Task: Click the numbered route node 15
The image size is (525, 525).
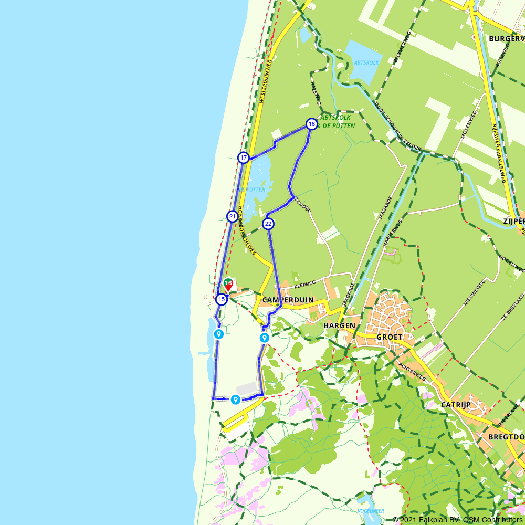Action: coord(222,299)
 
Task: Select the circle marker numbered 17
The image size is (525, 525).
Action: coord(244,157)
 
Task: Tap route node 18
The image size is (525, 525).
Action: coord(312,124)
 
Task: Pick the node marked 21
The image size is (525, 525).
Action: coord(232,216)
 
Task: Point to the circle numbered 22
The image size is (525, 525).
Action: coord(268,224)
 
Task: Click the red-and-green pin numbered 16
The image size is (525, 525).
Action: coord(228,284)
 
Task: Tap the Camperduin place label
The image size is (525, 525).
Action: coord(288,300)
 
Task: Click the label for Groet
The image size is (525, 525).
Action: coord(389,337)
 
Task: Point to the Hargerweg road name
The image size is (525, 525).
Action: coord(393,232)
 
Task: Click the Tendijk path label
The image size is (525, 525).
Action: coord(303,204)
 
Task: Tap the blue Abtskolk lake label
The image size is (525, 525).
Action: coord(366,62)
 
